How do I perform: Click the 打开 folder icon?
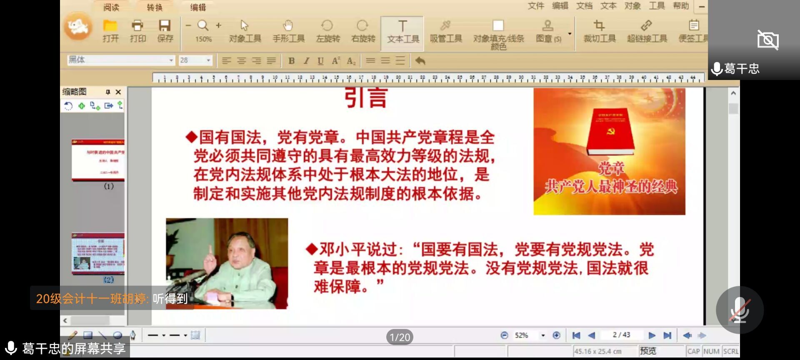[x=110, y=26]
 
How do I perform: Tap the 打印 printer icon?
[x=137, y=26]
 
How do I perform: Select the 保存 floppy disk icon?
[x=165, y=26]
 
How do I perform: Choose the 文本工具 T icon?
[x=402, y=26]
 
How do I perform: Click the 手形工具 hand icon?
[x=288, y=26]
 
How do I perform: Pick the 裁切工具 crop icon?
[x=599, y=26]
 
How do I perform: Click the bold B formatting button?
[x=292, y=61]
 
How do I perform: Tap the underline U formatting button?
[x=320, y=61]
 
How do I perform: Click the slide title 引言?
[x=366, y=98]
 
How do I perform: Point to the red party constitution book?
[x=610, y=131]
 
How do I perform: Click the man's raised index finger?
[x=210, y=250]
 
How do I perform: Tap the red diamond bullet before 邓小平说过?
[x=311, y=249]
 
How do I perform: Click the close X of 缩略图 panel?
[x=118, y=92]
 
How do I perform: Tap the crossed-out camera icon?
[x=767, y=40]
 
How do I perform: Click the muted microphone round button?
[x=740, y=310]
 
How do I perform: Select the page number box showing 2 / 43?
[x=621, y=335]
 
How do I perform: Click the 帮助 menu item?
[x=681, y=6]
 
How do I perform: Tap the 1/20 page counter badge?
[x=400, y=337]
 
